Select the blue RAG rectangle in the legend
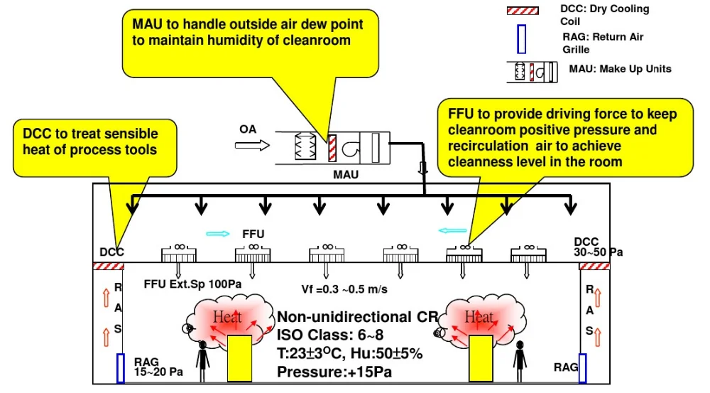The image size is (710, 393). coord(521,39)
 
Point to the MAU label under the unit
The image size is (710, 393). coord(348,173)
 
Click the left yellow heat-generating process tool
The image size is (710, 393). coord(239,360)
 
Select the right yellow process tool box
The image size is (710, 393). coord(480,360)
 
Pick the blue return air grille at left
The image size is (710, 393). coord(121,367)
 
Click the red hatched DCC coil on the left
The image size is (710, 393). coord(109,266)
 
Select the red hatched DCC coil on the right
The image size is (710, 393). coord(594,266)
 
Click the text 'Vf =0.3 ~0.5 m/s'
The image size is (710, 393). coord(344,289)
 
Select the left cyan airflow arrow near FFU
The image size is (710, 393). coord(218,233)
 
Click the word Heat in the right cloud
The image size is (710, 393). coord(479,317)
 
